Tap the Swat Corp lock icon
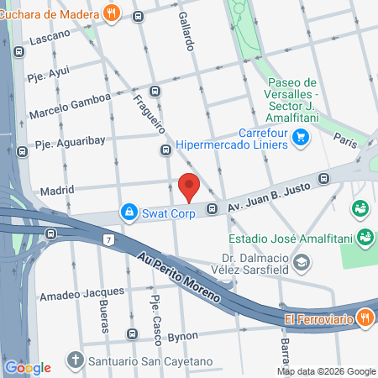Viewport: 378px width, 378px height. click(x=128, y=213)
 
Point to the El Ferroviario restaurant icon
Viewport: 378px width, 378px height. click(x=365, y=318)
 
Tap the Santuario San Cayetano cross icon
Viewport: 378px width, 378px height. click(x=75, y=363)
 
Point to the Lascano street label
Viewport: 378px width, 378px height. click(x=49, y=39)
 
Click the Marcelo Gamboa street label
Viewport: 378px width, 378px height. click(x=69, y=106)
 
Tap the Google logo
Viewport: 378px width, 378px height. click(x=28, y=367)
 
